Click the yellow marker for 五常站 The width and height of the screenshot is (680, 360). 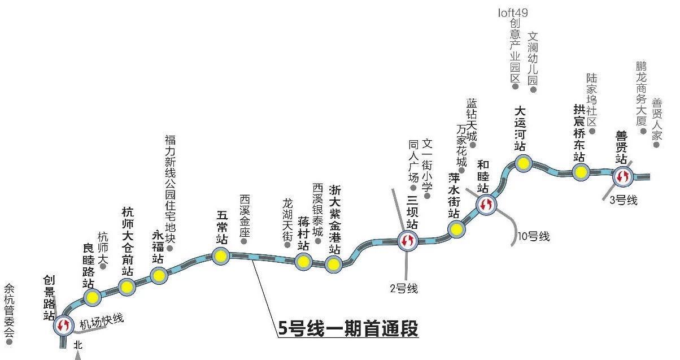(x=220, y=256)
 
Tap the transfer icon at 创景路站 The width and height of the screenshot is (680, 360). (x=63, y=325)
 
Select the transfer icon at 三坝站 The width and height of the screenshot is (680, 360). (x=407, y=241)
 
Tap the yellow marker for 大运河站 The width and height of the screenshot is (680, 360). (x=524, y=164)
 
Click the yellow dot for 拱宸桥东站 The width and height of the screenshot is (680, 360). (x=580, y=172)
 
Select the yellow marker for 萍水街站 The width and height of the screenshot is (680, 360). (x=456, y=229)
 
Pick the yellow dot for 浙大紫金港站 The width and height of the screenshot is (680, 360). (x=334, y=264)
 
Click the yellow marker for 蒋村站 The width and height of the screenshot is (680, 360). (x=303, y=261)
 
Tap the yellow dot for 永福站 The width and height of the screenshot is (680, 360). (x=158, y=276)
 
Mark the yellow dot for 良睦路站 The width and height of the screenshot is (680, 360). (x=92, y=297)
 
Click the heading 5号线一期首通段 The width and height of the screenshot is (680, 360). (x=348, y=329)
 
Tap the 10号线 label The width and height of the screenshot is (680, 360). (x=534, y=236)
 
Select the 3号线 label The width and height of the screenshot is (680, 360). (x=624, y=201)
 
